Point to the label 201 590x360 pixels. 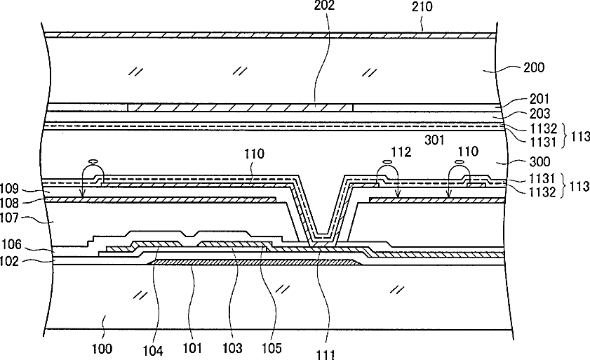point(539,100)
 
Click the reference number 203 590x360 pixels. point(539,114)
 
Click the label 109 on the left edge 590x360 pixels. point(13,189)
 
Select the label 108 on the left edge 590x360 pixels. point(13,204)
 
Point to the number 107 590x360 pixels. point(13,219)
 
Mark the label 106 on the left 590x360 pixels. point(13,245)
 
